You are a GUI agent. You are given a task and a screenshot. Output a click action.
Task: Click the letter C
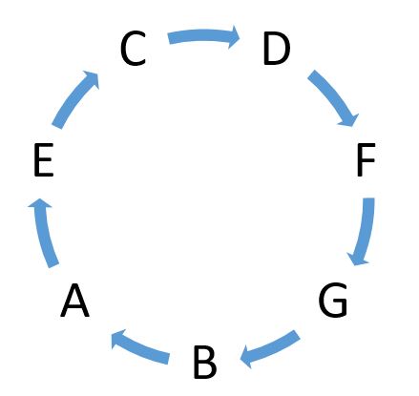[134, 49]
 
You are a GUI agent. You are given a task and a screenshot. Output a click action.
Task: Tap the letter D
[277, 49]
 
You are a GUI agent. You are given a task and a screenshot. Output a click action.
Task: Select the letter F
[367, 159]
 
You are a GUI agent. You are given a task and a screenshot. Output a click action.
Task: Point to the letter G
[333, 300]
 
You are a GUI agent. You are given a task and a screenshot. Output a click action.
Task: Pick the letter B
[205, 362]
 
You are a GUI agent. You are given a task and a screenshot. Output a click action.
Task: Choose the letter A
[74, 301]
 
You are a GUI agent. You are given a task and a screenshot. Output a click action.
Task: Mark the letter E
[44, 160]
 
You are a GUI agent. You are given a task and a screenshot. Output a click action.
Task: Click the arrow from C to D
[203, 35]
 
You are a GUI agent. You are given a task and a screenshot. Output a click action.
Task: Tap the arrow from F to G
[366, 231]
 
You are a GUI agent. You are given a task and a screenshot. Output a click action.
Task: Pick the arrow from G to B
[270, 348]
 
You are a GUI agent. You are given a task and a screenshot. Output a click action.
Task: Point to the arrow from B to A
[140, 348]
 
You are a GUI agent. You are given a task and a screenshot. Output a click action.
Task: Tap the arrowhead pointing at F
[350, 119]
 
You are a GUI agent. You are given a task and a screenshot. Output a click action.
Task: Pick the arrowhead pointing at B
[247, 356]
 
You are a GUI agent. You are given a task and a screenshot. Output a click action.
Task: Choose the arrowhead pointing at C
[93, 78]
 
